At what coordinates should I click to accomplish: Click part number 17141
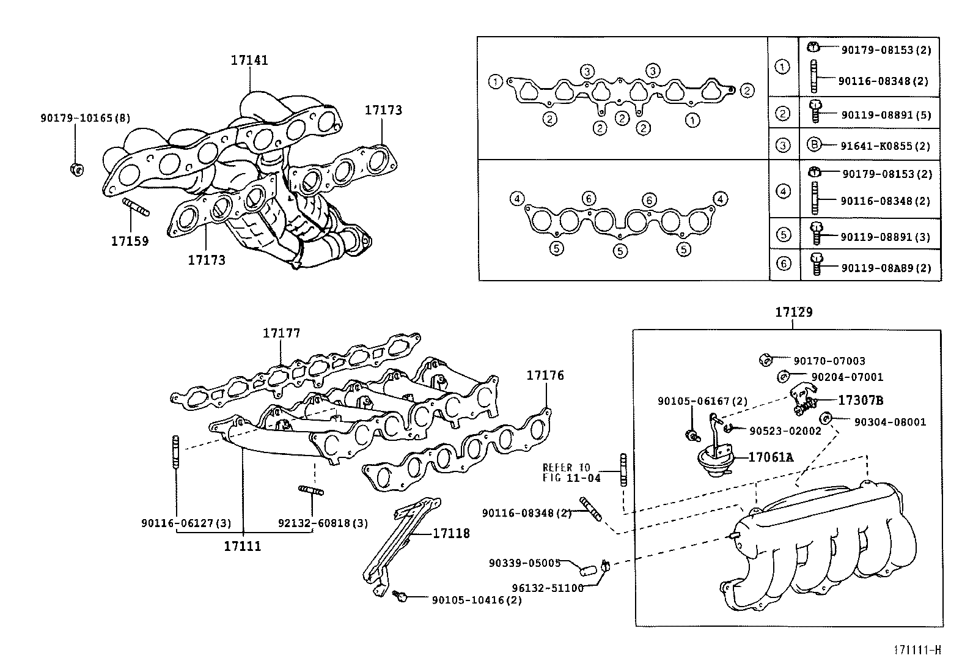[249, 60]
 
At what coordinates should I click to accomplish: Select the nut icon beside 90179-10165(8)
[76, 168]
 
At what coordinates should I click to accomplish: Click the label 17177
[281, 333]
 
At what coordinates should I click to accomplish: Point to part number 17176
[545, 375]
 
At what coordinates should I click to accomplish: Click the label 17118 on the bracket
[451, 533]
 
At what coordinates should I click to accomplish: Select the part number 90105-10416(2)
[477, 600]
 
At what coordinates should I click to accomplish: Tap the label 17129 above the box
[793, 312]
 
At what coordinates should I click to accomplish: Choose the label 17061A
[771, 457]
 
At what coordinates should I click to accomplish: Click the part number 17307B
[860, 401]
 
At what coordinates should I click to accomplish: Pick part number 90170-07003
[829, 361]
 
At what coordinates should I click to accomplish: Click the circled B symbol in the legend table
[813, 145]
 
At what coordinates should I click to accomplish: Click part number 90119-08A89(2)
[886, 268]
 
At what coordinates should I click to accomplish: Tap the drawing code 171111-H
[917, 650]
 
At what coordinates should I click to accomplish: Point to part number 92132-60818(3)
[323, 523]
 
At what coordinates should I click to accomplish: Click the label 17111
[242, 546]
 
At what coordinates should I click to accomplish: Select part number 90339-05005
[524, 563]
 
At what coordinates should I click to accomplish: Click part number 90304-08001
[890, 422]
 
